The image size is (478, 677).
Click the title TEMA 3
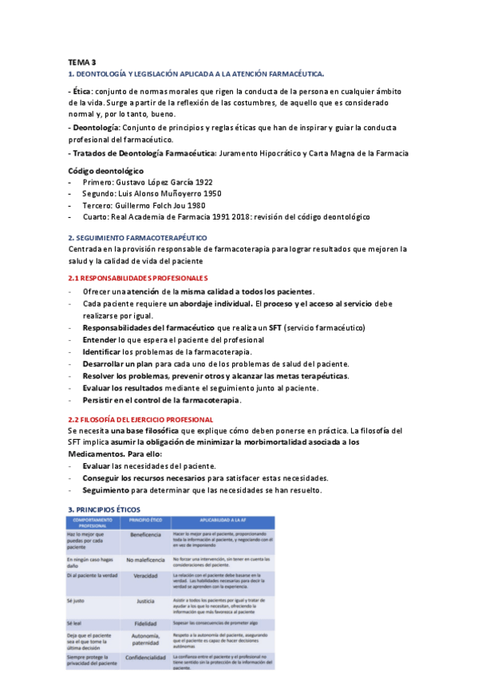81,62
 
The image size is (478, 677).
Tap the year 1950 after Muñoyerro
210,193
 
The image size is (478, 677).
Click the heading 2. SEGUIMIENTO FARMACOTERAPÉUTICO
137,238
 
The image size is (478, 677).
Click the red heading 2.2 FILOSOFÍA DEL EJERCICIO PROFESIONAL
140,419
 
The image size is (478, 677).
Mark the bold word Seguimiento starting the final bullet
108,490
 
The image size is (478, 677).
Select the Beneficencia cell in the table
145,534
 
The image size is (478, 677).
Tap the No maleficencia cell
145,560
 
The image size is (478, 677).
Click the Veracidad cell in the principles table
145,576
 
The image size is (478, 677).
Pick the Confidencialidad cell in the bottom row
145,658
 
